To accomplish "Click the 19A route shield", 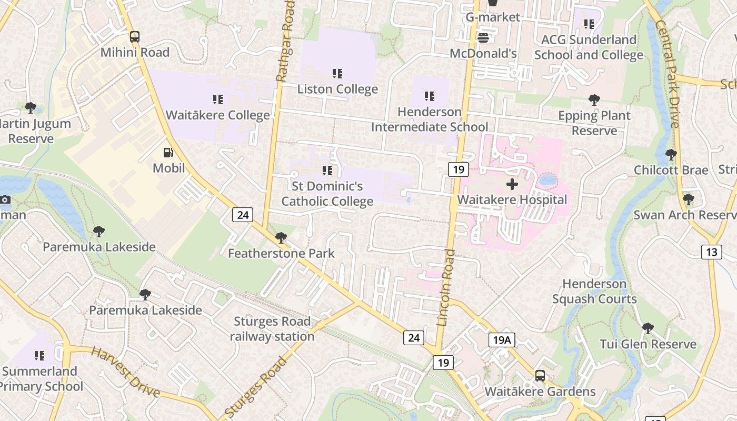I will pos(501,340).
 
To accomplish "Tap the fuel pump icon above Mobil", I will pos(168,153).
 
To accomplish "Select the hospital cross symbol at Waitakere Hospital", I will pos(512,184).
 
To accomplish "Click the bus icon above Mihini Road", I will pos(135,37).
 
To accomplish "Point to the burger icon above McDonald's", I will pos(483,38).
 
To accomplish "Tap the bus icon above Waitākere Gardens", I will pos(540,376).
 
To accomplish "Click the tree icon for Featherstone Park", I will pos(281,238).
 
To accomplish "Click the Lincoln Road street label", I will pos(445,287).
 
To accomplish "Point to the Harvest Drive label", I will pos(125,372).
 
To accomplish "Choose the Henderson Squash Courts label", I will pos(594,292).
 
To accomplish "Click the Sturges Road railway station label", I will pos(272,329).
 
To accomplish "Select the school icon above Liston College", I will pos(337,74).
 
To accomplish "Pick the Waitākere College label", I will pos(217,115).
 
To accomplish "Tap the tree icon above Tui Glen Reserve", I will pos(648,328).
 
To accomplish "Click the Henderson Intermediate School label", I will pos(430,119).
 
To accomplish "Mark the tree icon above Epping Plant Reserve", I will pos(594,99).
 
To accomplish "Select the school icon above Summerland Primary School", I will pos(39,356).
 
